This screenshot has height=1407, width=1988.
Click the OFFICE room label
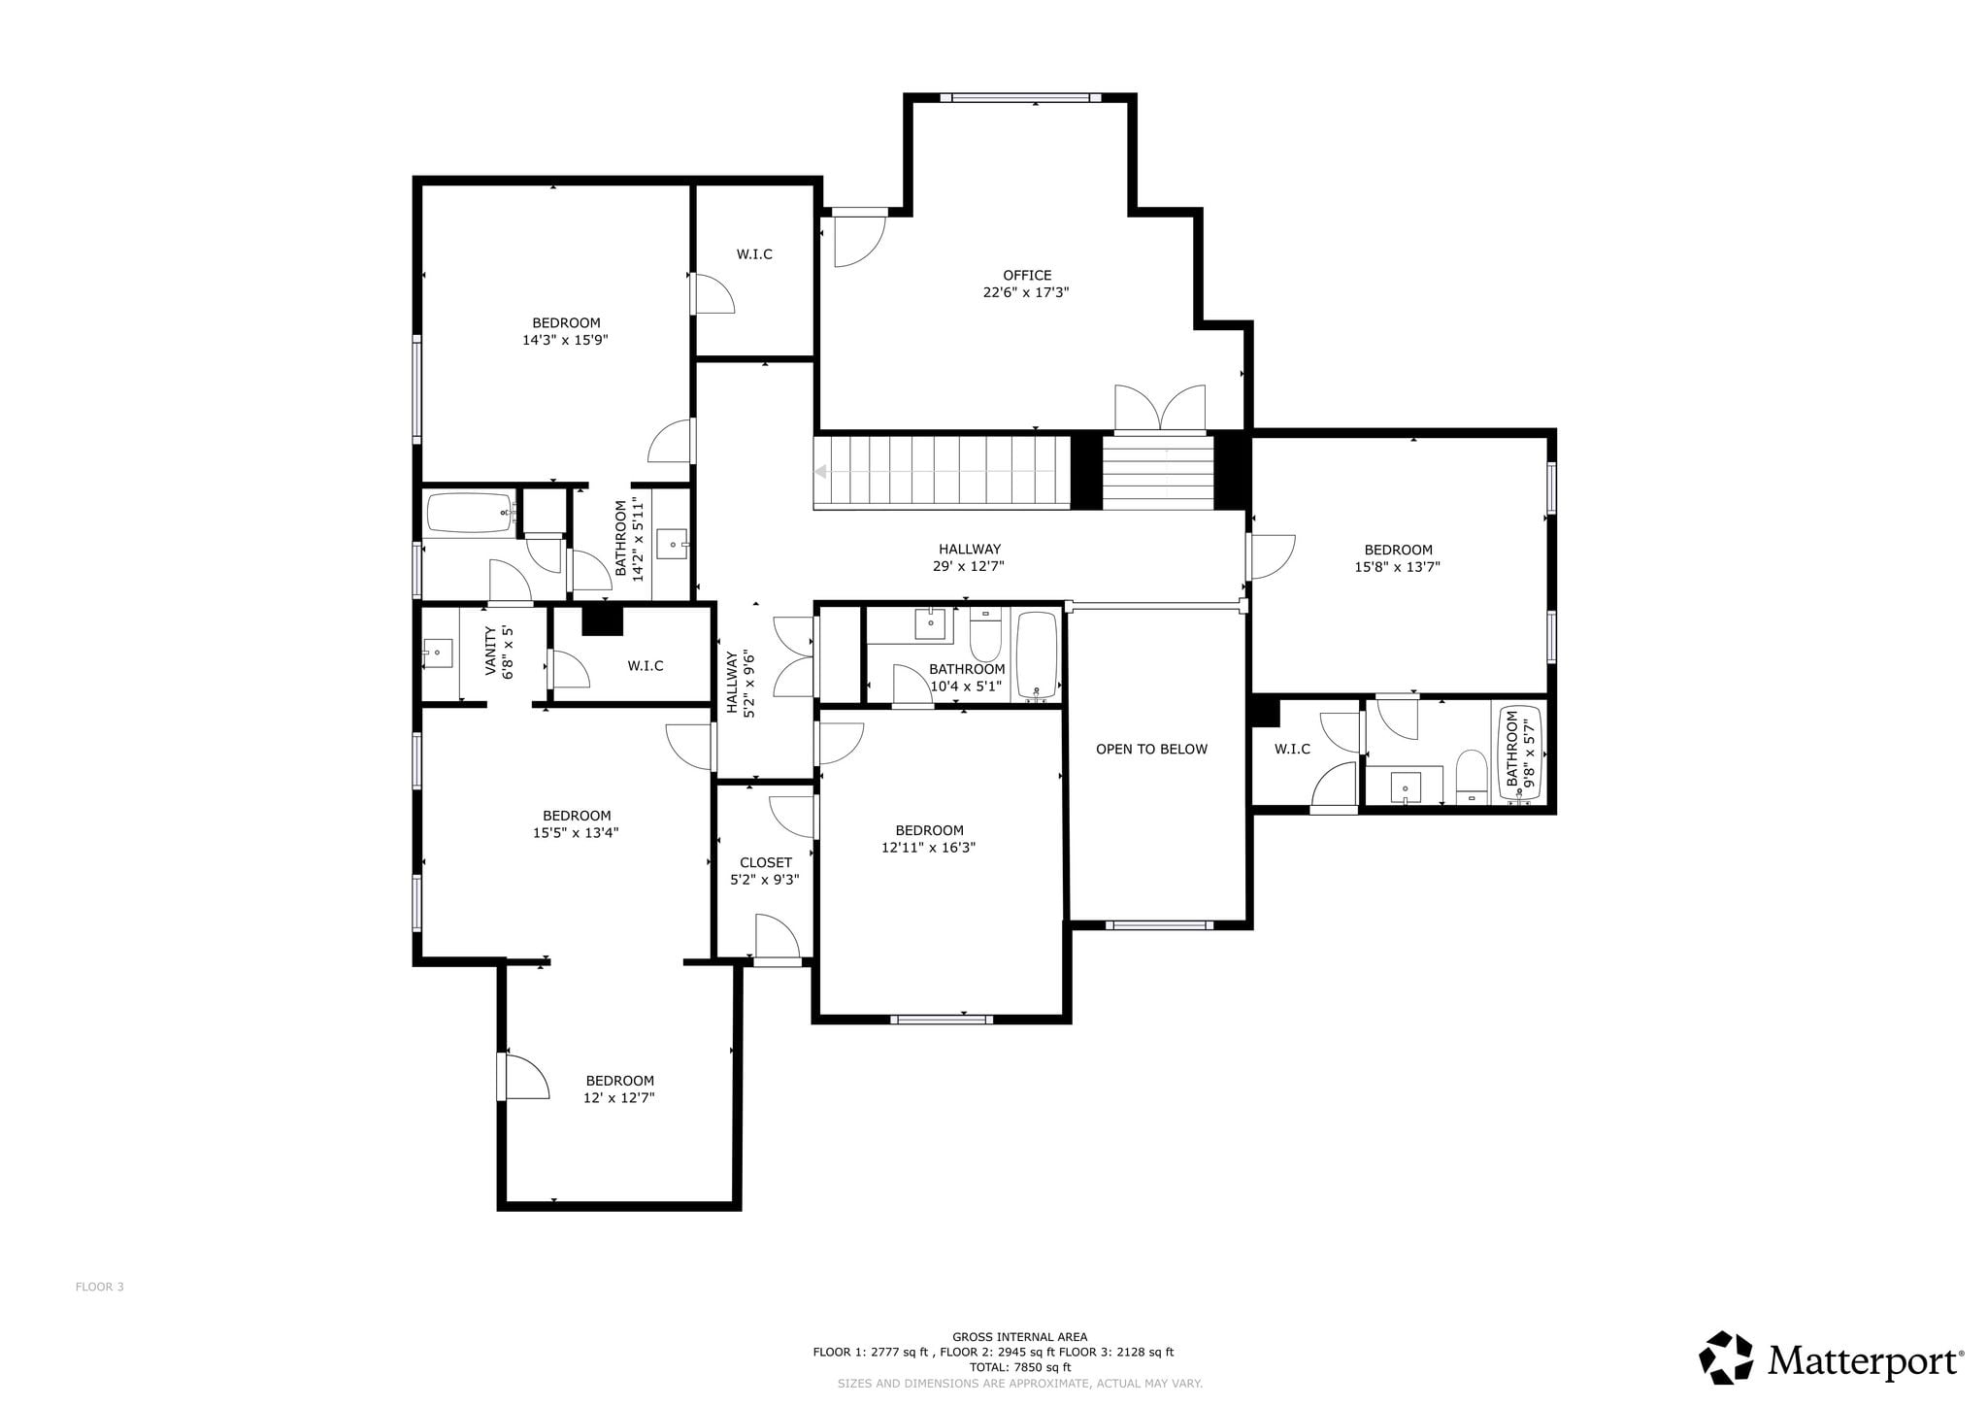click(x=1027, y=275)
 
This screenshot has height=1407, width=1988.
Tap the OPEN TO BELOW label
click(x=1151, y=749)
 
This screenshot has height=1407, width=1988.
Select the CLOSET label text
click(x=766, y=862)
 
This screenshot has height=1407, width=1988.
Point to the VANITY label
click(x=490, y=651)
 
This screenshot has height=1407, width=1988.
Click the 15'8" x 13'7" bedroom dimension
click(x=1397, y=567)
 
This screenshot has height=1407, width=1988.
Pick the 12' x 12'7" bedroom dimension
click(x=619, y=1098)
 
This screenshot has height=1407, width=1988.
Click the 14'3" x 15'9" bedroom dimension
click(x=565, y=340)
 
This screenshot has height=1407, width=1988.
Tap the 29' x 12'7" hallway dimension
click(x=969, y=566)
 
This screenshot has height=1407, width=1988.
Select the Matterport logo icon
click(x=1725, y=1357)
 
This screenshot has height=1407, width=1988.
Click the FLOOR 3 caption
click(x=100, y=1288)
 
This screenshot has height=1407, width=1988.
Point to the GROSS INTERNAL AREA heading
click(x=1020, y=1337)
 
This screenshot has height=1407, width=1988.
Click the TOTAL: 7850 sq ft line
click(x=1020, y=1367)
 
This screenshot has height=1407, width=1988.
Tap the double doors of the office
click(x=1160, y=408)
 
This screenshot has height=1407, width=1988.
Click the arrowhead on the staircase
click(x=821, y=472)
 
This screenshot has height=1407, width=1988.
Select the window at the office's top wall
click(x=1021, y=97)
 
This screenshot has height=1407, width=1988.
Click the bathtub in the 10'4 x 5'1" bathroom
click(x=1037, y=655)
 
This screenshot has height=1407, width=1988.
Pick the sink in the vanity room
click(x=438, y=653)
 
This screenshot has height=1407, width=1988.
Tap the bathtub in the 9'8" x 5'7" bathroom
click(x=1520, y=754)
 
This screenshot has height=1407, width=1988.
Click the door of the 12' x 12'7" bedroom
click(x=524, y=1077)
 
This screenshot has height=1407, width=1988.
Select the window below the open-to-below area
click(x=1159, y=925)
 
